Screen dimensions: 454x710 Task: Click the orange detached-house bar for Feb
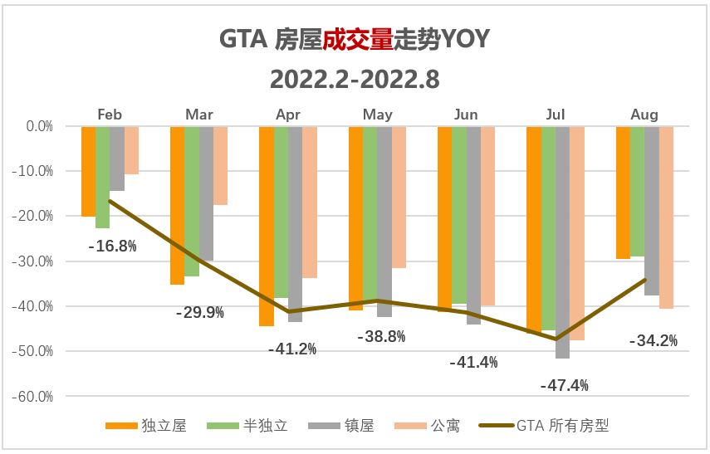click(88, 171)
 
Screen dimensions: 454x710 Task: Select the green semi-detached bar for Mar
click(192, 201)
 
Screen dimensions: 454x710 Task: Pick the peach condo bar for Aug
click(666, 217)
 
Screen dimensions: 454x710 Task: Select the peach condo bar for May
click(399, 197)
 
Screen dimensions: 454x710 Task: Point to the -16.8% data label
click(112, 246)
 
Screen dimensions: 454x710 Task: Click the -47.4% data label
click(564, 385)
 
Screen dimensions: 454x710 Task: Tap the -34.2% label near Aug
click(653, 340)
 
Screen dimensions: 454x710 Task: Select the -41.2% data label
click(292, 349)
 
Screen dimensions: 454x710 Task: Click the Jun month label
click(467, 115)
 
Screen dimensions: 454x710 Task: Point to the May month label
click(378, 115)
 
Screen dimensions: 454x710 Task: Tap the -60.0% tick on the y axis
click(34, 397)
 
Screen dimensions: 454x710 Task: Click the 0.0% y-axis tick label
click(39, 127)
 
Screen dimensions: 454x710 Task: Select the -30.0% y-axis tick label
click(34, 261)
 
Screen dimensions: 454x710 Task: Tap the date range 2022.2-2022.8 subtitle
click(355, 80)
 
